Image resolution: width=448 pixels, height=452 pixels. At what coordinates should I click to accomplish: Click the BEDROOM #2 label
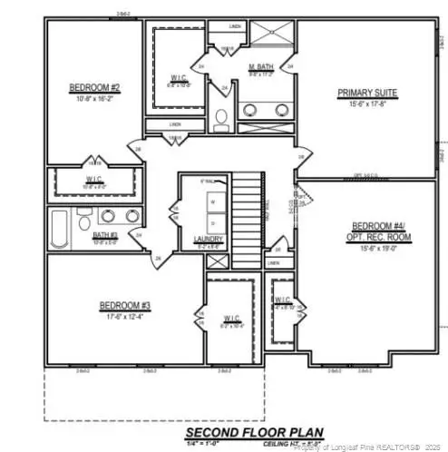point(89,88)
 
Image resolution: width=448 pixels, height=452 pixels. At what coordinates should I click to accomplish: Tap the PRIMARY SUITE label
point(368,93)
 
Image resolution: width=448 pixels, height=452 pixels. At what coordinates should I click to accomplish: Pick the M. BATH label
point(262,66)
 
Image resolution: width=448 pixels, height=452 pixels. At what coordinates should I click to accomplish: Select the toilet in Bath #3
point(83,221)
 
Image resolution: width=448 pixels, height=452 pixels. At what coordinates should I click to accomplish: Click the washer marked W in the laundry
point(212,201)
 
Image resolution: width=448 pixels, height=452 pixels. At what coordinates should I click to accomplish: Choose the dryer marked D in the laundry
point(212,221)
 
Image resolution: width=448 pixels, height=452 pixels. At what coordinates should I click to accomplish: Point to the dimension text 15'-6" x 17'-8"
point(368,103)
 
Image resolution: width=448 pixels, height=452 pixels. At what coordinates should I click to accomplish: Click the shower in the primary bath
point(269,36)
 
